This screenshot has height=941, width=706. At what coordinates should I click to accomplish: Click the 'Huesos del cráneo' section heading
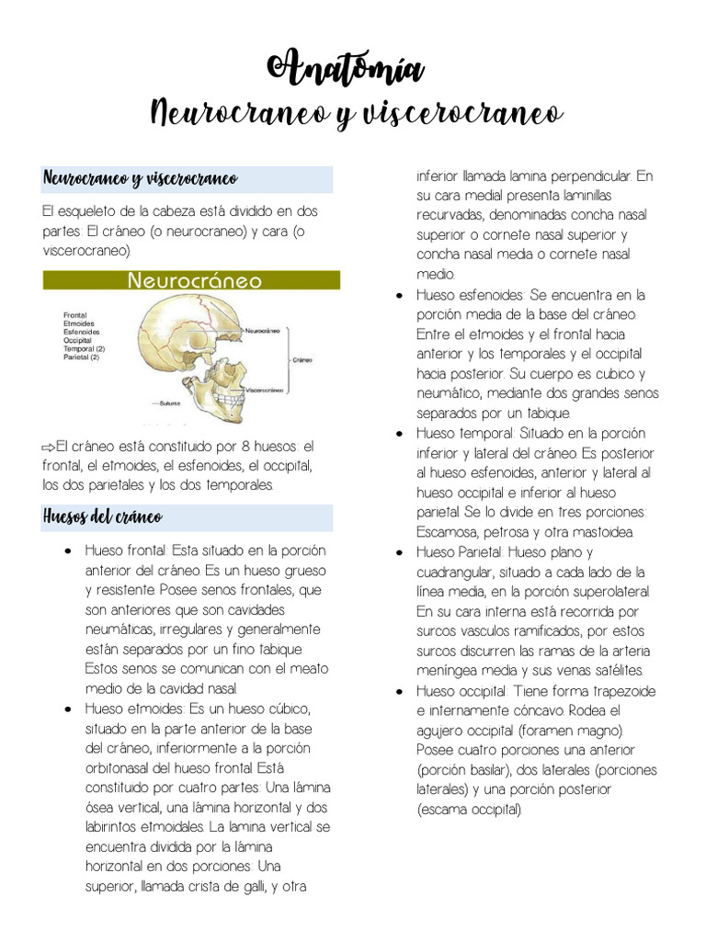102,517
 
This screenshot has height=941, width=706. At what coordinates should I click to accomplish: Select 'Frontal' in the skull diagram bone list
75,315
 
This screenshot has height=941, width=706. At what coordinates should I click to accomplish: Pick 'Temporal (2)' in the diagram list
84,349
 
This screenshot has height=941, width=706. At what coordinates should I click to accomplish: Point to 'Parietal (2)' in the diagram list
82,357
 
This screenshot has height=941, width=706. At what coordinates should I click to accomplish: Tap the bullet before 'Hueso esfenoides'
399,296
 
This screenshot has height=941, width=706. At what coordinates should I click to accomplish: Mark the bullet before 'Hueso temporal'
399,434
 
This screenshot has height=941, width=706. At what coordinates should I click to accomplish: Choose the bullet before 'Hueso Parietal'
399,553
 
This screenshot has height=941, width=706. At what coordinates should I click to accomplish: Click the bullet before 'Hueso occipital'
399,691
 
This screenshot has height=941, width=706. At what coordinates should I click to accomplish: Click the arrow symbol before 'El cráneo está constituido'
49,447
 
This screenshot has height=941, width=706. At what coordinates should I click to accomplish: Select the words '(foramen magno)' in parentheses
570,731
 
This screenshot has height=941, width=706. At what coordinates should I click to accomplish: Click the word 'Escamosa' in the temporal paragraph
448,532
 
